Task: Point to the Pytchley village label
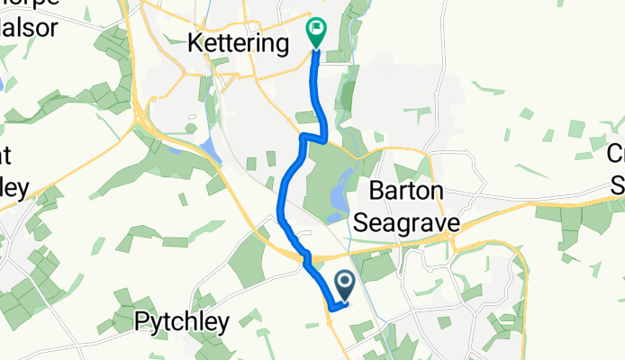[x=183, y=320]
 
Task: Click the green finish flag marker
[x=316, y=33]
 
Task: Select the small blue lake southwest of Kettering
[x=209, y=149]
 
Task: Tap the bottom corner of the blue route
[x=331, y=309]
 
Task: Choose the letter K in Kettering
[x=195, y=41]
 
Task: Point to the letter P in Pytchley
[x=141, y=320]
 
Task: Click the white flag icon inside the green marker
[x=316, y=29]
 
